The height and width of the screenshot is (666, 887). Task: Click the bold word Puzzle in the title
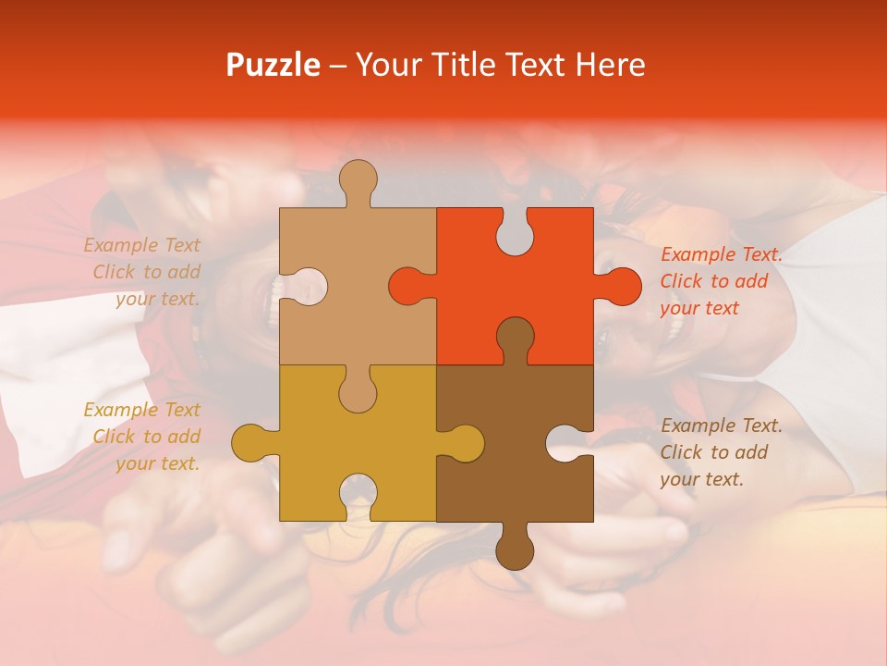point(273,66)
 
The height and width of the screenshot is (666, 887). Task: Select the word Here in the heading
point(610,66)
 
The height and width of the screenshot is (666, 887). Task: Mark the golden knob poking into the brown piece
point(465,442)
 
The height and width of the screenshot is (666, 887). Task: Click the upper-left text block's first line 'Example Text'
point(141,245)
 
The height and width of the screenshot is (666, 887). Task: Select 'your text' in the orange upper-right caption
point(699,308)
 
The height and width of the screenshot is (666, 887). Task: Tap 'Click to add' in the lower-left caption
point(146,437)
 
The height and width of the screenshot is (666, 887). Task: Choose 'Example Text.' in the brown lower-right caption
point(722,425)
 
